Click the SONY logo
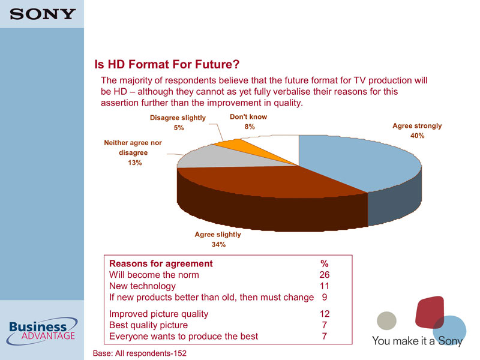coord(43,14)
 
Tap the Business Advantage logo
coord(42,331)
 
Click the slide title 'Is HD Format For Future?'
coord(167,64)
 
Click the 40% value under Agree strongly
coord(417,136)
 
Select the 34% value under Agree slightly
coord(218,244)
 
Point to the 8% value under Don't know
coord(250,127)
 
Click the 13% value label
coord(134,163)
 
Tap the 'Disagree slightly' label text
coord(178,118)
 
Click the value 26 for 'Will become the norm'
coord(325,275)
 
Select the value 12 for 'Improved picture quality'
coord(325,313)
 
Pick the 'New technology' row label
coord(142,286)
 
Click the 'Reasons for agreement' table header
coord(161,263)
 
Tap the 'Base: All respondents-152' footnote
coord(140,353)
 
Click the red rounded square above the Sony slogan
coord(429,312)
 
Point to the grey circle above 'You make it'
coord(386,320)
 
